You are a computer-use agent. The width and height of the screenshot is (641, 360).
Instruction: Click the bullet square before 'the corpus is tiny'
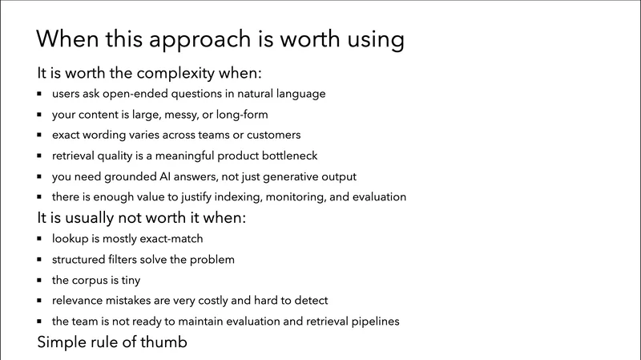[41, 281]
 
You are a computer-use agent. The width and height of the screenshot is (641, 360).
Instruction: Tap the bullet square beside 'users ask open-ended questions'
[41, 95]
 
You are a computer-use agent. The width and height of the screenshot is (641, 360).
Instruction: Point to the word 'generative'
[300, 176]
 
